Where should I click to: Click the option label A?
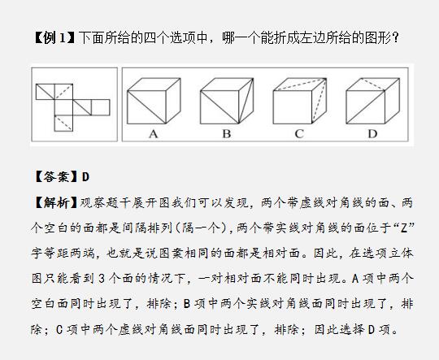point(154,134)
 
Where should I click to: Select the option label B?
point(227,134)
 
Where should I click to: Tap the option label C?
point(299,134)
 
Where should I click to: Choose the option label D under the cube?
point(372,134)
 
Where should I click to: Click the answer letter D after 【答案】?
point(85,177)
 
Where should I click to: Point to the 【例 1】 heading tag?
point(54,37)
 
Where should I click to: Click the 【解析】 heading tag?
point(55,202)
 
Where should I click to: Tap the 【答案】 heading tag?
point(55,177)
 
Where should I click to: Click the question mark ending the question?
point(396,38)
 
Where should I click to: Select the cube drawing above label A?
point(154,101)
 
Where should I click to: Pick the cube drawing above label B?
point(227,101)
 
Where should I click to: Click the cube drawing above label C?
point(299,101)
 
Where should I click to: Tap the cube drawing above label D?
point(372,101)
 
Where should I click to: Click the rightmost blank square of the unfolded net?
point(101,107)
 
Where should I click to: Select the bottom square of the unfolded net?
point(63,124)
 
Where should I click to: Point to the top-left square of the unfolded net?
point(45,92)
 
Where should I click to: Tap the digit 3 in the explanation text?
point(102,279)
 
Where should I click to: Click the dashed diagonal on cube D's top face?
point(372,85)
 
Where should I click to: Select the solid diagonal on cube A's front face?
point(146,107)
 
